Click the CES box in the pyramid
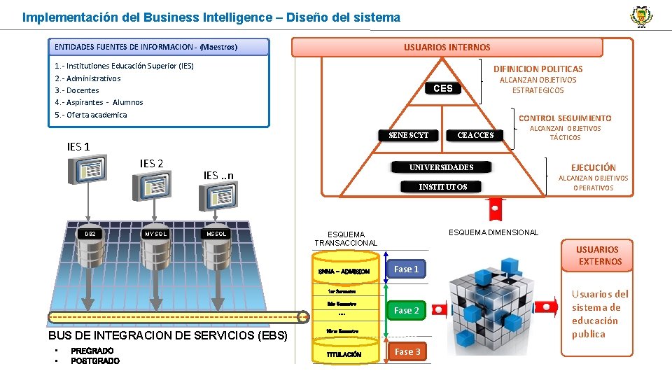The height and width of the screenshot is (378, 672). pyautogui.click(x=443, y=88)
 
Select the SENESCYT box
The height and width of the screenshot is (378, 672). pyautogui.click(x=408, y=135)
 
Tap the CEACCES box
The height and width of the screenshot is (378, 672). pyautogui.click(x=475, y=135)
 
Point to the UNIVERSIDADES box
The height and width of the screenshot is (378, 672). pyautogui.click(x=442, y=167)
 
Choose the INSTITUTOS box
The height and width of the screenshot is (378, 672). pyautogui.click(x=442, y=187)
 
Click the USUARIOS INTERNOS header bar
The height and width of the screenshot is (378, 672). pyautogui.click(x=447, y=48)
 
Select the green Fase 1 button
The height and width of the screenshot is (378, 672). pyautogui.click(x=406, y=269)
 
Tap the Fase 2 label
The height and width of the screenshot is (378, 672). pyautogui.click(x=406, y=310)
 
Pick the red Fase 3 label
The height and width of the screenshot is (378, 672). pyautogui.click(x=407, y=351)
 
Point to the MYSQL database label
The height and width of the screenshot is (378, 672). pyautogui.click(x=155, y=234)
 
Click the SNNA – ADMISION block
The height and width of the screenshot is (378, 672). pyautogui.click(x=344, y=271)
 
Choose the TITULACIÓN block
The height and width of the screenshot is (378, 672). pyautogui.click(x=344, y=354)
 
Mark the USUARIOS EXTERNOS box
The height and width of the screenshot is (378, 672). pyautogui.click(x=597, y=255)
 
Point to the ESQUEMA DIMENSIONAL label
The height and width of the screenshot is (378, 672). pyautogui.click(x=493, y=232)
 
